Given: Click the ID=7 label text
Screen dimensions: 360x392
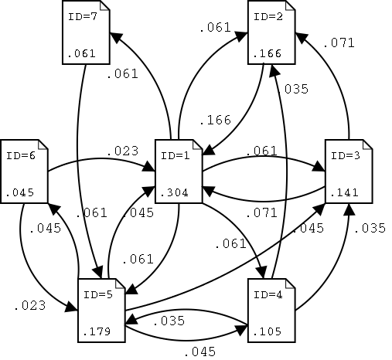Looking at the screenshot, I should (80, 16).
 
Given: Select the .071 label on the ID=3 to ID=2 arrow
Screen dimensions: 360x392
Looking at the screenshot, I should (339, 43).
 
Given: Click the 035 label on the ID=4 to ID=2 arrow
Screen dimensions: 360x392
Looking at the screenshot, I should (295, 89).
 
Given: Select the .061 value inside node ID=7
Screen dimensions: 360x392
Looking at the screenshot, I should (80, 53).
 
